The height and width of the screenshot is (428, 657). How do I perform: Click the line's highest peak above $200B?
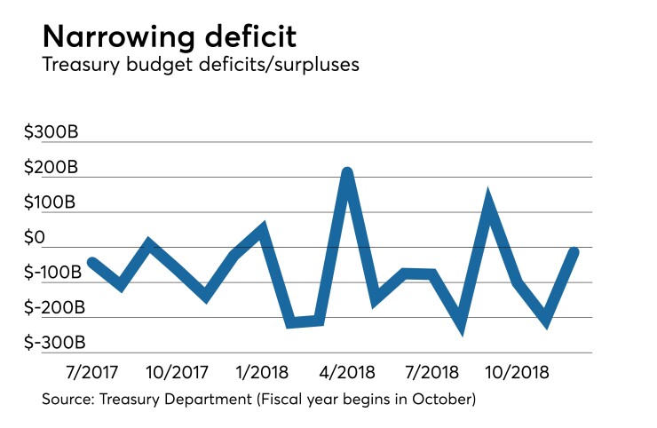tap(348, 172)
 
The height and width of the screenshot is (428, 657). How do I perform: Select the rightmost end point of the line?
tap(574, 252)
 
